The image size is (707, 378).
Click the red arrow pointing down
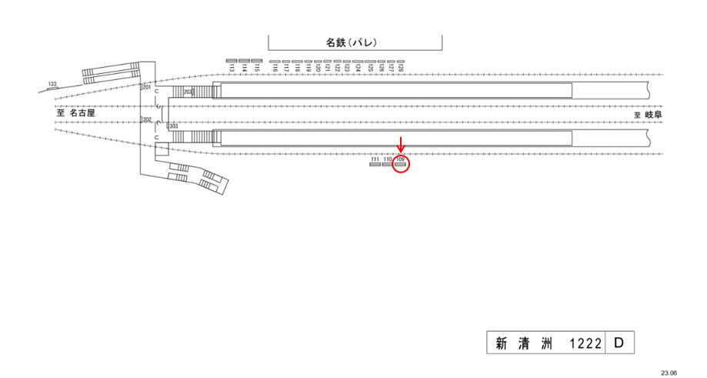pyautogui.click(x=400, y=145)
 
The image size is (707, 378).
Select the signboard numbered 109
pyautogui.click(x=400, y=164)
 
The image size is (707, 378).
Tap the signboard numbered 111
pyautogui.click(x=375, y=164)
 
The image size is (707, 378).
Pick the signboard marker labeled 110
pyautogui.click(x=388, y=164)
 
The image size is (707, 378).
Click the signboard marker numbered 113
pyautogui.click(x=232, y=61)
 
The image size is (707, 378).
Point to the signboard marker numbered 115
pyautogui.click(x=258, y=61)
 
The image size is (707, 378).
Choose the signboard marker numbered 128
pyautogui.click(x=400, y=62)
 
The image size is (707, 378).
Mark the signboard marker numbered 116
pyautogui.click(x=275, y=62)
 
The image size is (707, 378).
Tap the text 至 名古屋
pyautogui.click(x=75, y=112)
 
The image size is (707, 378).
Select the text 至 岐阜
pyautogui.click(x=648, y=114)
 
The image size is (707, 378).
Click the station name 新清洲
pyautogui.click(x=523, y=344)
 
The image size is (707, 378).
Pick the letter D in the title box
pyautogui.click(x=619, y=343)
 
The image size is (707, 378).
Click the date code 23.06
pyautogui.click(x=669, y=372)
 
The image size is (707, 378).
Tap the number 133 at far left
pyautogui.click(x=52, y=83)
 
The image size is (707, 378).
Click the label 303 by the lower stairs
pyautogui.click(x=173, y=125)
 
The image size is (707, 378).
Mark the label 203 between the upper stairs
pyautogui.click(x=187, y=92)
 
